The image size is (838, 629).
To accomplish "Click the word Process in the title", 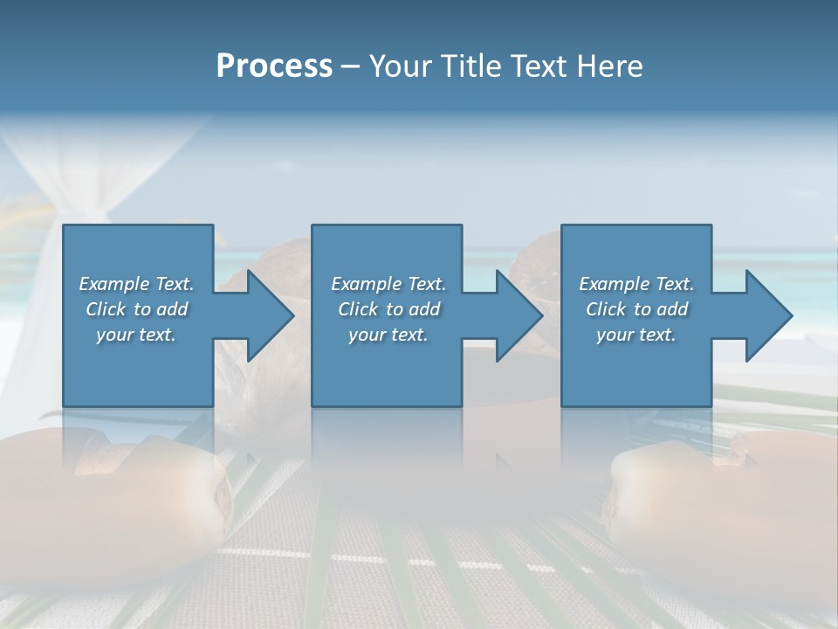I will coord(274,66).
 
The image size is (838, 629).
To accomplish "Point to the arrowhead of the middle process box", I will coord(518,315).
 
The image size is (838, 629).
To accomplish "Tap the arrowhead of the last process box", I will coord(767,315).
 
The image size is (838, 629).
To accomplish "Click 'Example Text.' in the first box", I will coord(136,284).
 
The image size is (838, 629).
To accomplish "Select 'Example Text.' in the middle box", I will coord(388,284).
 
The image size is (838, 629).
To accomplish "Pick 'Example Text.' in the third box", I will coord(636,284).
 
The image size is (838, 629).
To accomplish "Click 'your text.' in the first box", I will coord(136,335).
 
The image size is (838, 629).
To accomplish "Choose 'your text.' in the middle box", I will coord(388,335).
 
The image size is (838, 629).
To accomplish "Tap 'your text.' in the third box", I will coord(636,335).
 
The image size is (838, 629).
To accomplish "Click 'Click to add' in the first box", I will coord(136,309).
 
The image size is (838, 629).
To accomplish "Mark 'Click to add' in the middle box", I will coord(388,309).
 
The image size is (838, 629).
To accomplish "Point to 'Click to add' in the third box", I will coord(636,309).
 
